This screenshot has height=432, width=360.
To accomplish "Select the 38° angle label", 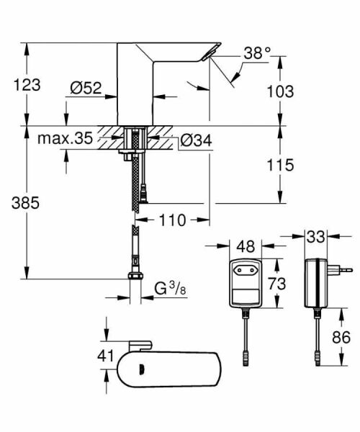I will (257, 53).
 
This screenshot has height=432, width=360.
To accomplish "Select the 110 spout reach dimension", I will (173, 219).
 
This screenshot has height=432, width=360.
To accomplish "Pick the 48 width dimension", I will (246, 246).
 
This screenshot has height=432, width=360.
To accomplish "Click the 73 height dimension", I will (276, 283).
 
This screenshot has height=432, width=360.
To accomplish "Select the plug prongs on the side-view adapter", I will (344, 271).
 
